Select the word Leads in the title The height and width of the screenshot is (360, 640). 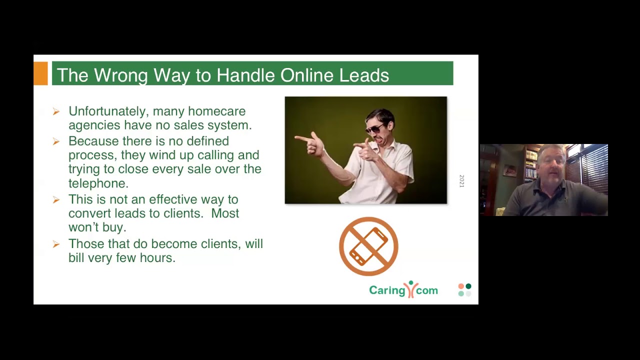coord(364,75)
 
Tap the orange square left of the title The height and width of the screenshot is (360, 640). coord(41,73)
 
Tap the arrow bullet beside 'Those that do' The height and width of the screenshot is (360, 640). coord(56,244)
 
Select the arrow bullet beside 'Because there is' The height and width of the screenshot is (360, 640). coord(56,141)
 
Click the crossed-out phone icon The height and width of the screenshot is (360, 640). coord(368,246)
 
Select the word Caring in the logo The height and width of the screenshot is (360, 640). coord(386,290)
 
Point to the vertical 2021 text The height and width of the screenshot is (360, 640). coord(461,181)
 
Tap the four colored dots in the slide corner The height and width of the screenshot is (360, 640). coord(464,290)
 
